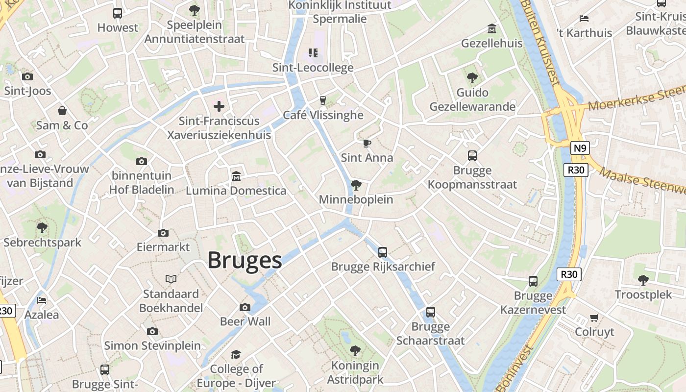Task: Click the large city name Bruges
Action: [245, 260]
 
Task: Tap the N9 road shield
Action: [580, 147]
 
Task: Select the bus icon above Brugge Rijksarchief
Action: [383, 252]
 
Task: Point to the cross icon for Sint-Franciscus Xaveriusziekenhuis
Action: [219, 106]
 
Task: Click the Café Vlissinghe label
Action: [323, 115]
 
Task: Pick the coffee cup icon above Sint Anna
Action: [367, 143]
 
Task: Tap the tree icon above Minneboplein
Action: [356, 185]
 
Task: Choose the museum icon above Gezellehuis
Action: [491, 29]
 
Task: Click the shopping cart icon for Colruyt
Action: [594, 318]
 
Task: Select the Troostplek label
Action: [643, 295]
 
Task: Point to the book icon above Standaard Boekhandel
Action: [171, 279]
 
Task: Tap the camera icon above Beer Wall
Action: [245, 307]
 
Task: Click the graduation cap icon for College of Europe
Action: [236, 354]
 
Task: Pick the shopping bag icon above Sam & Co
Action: [62, 111]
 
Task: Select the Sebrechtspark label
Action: [43, 243]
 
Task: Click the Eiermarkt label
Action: [163, 247]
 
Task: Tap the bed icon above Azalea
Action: [42, 300]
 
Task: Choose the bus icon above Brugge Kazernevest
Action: [533, 281]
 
